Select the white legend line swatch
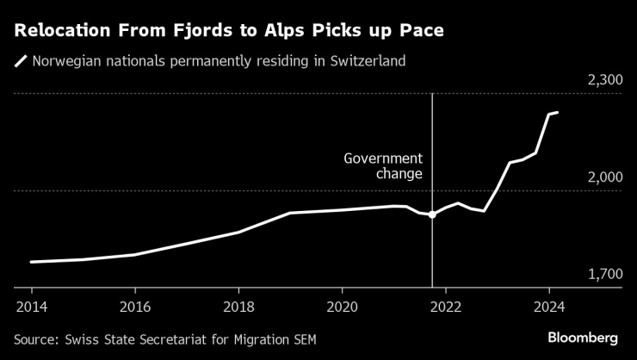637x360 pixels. [x=20, y=61]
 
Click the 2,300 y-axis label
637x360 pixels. [x=603, y=80]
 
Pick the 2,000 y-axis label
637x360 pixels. [x=603, y=177]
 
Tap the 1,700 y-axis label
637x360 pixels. [x=603, y=274]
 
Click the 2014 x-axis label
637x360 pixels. [x=31, y=306]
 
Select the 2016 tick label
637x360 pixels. [x=134, y=306]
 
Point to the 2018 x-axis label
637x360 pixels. [x=238, y=306]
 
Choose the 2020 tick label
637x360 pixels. [x=342, y=306]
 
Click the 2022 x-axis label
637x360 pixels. [x=445, y=306]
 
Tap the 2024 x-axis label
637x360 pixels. [x=549, y=306]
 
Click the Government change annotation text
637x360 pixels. [x=384, y=166]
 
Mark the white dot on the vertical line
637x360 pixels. [x=432, y=214]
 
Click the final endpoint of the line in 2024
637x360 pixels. [x=558, y=113]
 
